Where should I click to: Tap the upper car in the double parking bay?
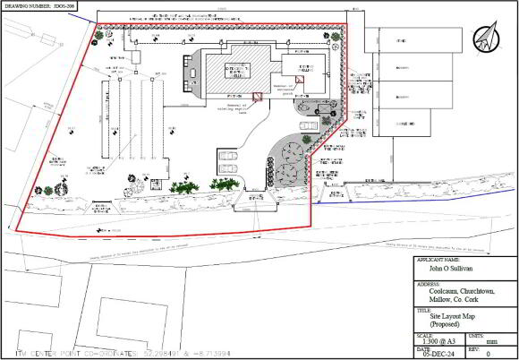[x=228, y=155]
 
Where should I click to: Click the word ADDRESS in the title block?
[x=430, y=279]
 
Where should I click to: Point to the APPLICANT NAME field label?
[x=440, y=260]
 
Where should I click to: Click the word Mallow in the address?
[x=431, y=299]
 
